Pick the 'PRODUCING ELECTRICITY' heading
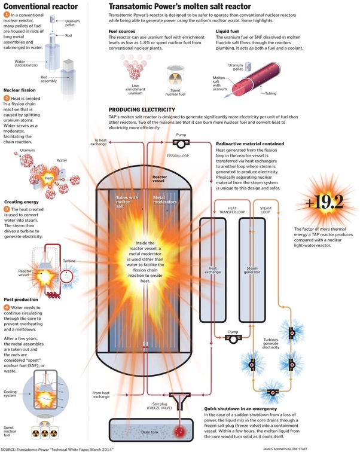142,109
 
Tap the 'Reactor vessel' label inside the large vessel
159,179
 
